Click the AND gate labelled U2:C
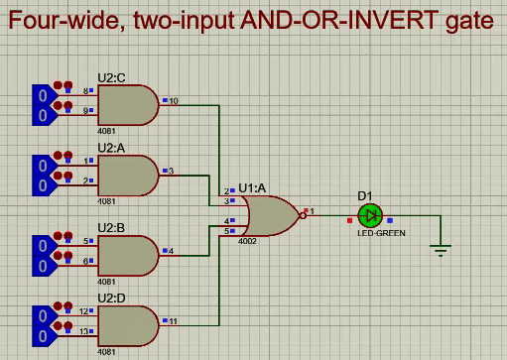point(127,104)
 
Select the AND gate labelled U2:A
point(127,176)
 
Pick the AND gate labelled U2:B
point(127,256)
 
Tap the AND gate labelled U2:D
point(127,324)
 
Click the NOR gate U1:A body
point(271,212)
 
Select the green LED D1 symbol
point(370,214)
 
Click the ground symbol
point(441,249)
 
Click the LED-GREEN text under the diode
point(377,234)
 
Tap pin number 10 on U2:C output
point(174,101)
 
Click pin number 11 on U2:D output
point(174,321)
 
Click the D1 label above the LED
point(365,195)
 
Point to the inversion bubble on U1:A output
point(303,213)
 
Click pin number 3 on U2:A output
point(171,172)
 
